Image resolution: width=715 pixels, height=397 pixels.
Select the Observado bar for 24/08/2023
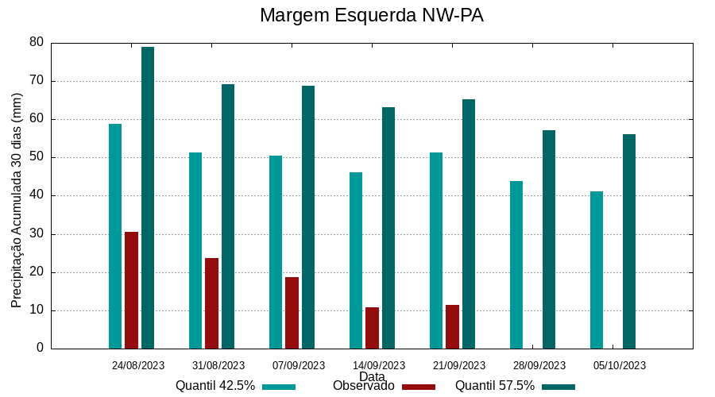(x=131, y=290)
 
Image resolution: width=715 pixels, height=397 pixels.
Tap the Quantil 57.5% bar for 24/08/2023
(x=148, y=198)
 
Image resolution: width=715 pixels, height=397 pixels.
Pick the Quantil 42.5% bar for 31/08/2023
(x=195, y=250)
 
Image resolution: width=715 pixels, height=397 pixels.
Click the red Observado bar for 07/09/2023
(x=292, y=313)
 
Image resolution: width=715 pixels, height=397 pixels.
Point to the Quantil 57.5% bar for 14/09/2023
(x=388, y=228)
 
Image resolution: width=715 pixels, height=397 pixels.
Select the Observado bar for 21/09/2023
(x=452, y=326)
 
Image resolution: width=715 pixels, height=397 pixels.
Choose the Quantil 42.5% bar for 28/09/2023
(x=516, y=264)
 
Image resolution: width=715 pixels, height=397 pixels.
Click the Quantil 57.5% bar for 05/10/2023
(x=629, y=241)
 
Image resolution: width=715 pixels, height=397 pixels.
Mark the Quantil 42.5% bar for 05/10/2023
(x=597, y=270)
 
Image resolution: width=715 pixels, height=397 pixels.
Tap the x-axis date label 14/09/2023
(x=379, y=365)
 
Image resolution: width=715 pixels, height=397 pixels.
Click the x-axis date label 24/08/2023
(x=138, y=365)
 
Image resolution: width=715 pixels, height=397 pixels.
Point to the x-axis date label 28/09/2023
(x=539, y=365)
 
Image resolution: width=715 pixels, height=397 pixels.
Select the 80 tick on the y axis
(x=37, y=42)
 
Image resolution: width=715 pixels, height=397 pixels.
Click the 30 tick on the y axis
(x=37, y=234)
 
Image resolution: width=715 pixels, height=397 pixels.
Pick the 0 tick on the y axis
(x=40, y=349)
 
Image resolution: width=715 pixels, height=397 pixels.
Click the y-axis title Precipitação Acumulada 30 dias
(x=17, y=200)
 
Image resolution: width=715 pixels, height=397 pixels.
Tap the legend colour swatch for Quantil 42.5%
(x=279, y=387)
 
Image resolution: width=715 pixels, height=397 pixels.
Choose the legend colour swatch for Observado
(x=419, y=387)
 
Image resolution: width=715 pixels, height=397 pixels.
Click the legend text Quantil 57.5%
(x=494, y=386)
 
